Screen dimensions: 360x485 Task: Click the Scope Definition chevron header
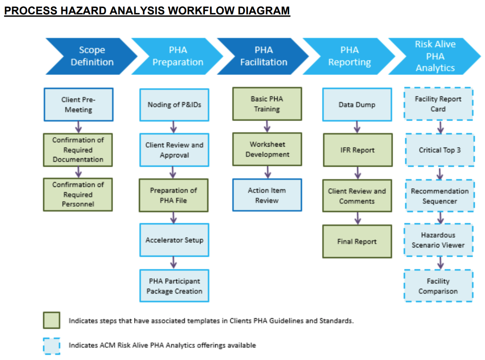coord(92,56)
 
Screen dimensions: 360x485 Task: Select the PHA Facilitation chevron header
coord(264,56)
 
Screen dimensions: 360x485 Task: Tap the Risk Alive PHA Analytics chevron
coord(434,56)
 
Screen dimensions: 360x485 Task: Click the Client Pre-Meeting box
coord(78,104)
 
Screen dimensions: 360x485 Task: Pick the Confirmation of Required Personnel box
coord(78,195)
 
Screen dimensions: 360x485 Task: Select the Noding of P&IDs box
coord(174,105)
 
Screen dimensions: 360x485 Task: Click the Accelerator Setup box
coord(174,240)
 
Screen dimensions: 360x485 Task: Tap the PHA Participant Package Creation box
coord(174,286)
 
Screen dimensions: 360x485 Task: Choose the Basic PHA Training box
coord(267,104)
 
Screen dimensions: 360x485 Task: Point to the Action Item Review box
coord(267,195)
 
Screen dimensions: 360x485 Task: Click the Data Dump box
coord(357,105)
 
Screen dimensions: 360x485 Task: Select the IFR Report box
coord(357,150)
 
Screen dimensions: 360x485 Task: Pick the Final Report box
coord(357,242)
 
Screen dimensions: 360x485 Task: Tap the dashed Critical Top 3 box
coord(439,150)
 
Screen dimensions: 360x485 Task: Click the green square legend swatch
coord(52,321)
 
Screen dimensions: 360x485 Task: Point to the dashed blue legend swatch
coord(52,346)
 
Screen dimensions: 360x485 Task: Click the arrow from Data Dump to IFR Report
coord(357,127)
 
